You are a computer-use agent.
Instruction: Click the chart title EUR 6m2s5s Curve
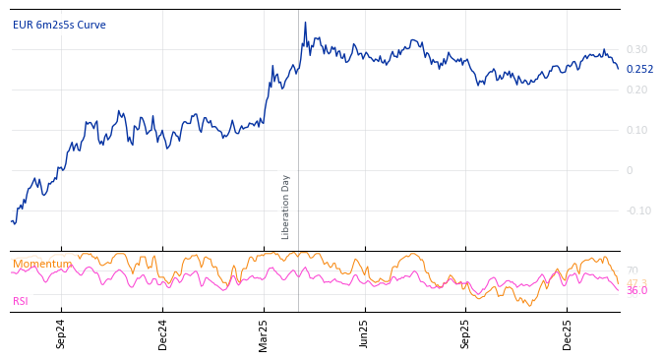(x=59, y=26)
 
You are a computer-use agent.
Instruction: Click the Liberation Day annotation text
(x=286, y=207)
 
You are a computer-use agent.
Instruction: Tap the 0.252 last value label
(x=639, y=70)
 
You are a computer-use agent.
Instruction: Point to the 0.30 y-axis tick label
(x=636, y=49)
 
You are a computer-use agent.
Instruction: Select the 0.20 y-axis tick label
(x=636, y=90)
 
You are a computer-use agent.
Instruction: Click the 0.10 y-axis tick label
(x=636, y=130)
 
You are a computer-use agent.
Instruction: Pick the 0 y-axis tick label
(x=630, y=170)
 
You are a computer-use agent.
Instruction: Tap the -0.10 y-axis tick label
(x=638, y=210)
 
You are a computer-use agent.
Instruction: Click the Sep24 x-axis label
(x=61, y=334)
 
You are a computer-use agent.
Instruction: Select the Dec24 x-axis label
(x=163, y=334)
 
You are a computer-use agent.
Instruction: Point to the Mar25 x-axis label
(x=264, y=334)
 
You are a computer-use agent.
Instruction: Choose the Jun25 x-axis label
(x=364, y=334)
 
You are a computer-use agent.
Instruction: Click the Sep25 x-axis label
(x=466, y=334)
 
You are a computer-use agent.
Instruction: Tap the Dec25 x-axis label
(x=568, y=334)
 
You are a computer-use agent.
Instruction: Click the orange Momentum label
(x=42, y=265)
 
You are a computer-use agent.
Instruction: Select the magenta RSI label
(x=21, y=301)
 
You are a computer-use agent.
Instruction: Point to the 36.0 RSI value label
(x=636, y=291)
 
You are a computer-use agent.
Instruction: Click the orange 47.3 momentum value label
(x=636, y=283)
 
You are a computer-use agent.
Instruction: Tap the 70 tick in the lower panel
(x=632, y=270)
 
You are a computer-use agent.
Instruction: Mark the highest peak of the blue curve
(x=305, y=23)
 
